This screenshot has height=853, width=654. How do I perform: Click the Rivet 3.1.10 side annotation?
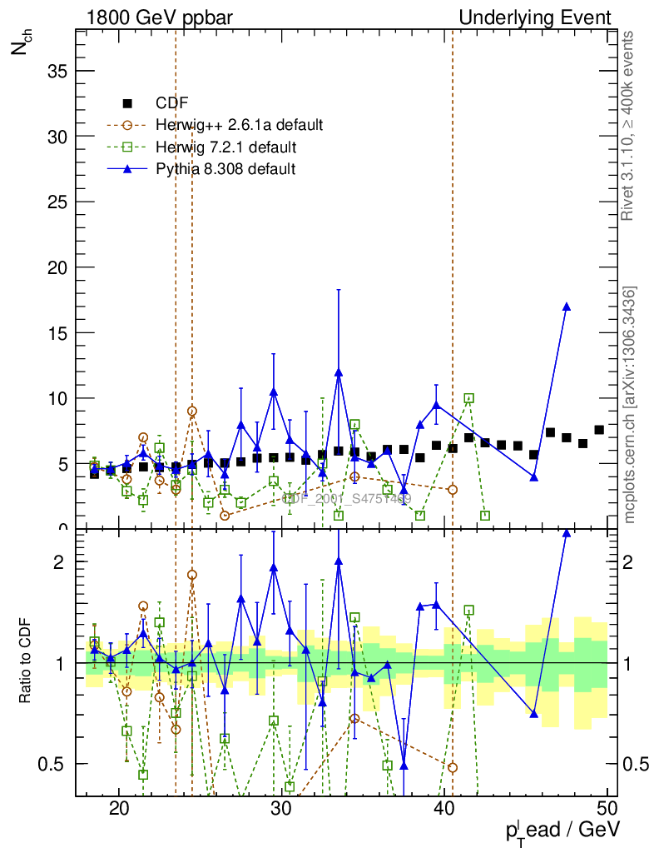click(628, 126)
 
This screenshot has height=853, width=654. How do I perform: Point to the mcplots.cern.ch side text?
click(630, 405)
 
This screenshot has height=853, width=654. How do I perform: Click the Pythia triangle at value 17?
click(567, 307)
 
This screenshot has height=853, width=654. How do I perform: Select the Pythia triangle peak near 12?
click(339, 372)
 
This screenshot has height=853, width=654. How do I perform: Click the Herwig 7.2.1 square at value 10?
click(469, 398)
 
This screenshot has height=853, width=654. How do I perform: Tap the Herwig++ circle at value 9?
click(192, 411)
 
